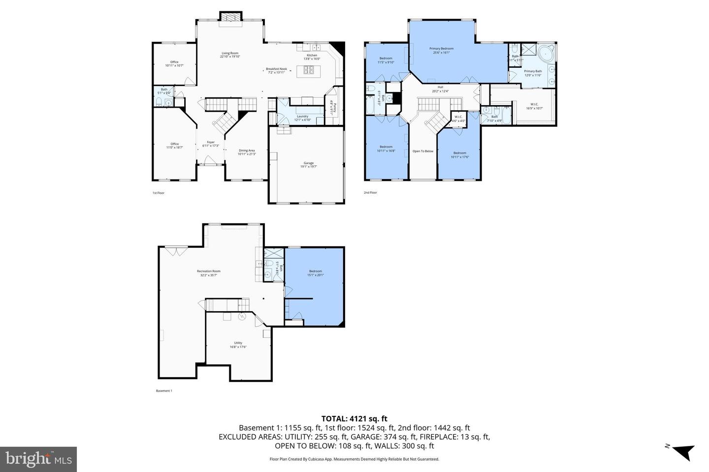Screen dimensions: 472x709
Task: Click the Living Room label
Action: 229,54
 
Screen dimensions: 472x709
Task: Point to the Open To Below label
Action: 423,151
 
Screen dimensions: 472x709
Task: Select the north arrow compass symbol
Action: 682,451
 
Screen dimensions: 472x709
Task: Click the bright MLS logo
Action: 38,459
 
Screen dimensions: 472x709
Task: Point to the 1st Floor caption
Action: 158,193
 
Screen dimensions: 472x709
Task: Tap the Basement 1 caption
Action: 164,391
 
